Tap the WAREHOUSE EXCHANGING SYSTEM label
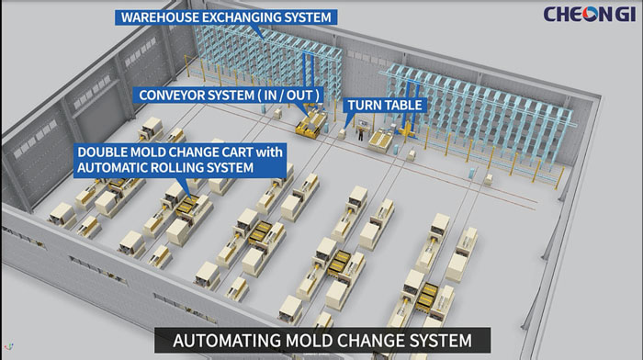225,17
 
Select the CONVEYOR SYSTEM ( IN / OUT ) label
230,95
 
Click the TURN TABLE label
384,106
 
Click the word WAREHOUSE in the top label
160,17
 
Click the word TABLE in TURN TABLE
402,106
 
